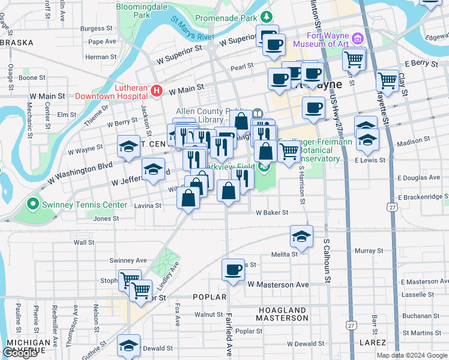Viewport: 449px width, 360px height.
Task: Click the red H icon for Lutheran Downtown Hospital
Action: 157,91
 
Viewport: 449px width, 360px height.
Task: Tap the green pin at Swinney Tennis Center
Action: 34,205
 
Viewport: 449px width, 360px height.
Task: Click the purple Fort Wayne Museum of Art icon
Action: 358,39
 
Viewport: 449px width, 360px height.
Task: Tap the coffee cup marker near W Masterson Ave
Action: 233,270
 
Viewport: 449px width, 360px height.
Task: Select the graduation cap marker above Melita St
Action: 301,236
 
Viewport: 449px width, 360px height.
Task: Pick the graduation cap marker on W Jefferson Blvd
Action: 153,169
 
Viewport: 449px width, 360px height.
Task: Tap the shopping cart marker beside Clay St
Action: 387,80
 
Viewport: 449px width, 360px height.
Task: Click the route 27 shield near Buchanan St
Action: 350,324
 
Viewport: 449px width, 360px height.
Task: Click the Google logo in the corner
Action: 20,353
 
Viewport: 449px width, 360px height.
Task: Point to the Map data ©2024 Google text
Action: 412,355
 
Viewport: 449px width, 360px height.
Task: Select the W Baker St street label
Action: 272,212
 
